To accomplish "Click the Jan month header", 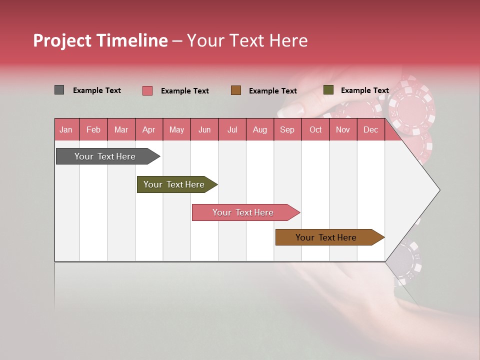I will tap(66, 130).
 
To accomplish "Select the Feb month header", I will tap(93, 130).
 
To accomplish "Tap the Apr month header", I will tap(148, 130).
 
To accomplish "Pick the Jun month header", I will tap(204, 130).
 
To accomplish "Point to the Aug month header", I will tap(259, 130).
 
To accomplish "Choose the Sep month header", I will tap(287, 130).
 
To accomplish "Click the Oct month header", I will tap(315, 130).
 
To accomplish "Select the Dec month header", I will tap(370, 130).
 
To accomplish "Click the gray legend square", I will tap(59, 90).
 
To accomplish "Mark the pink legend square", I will tap(147, 90).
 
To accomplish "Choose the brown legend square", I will tap(236, 90).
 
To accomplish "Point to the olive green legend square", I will tap(328, 90).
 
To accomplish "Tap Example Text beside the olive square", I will tap(364, 90).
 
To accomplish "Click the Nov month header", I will tap(343, 130).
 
